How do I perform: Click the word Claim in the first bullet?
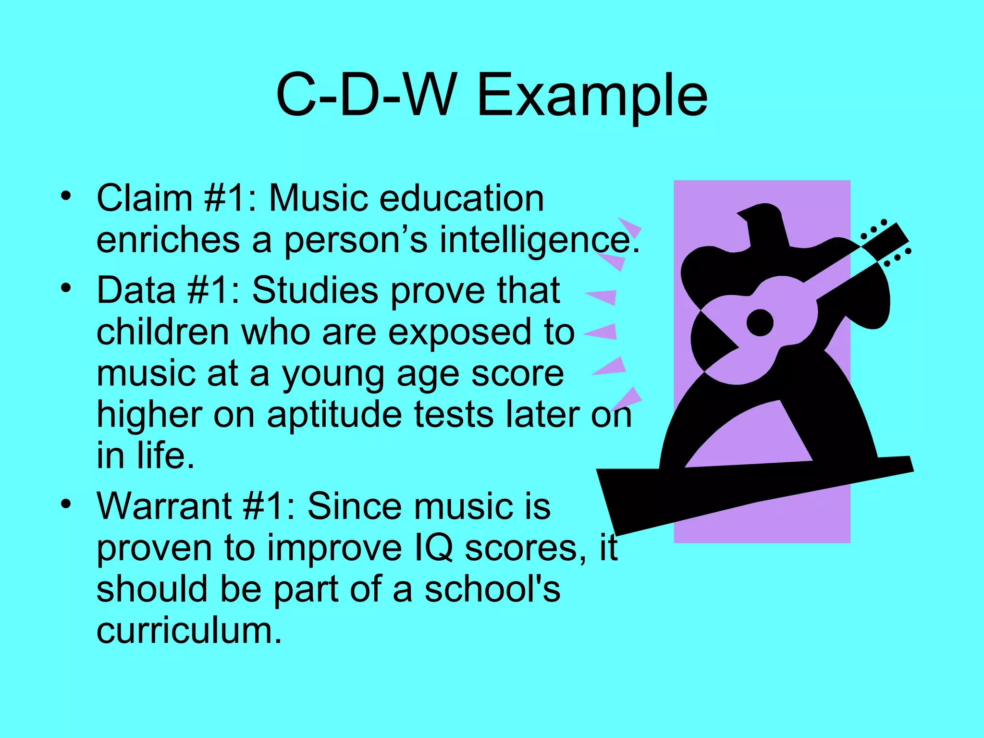pyautogui.click(x=144, y=198)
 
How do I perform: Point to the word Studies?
pyautogui.click(x=315, y=290)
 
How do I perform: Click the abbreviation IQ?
pyautogui.click(x=433, y=548)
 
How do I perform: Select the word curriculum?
pyautogui.click(x=188, y=630)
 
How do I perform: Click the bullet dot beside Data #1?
pyautogui.click(x=66, y=288)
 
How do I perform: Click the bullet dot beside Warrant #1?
pyautogui.click(x=66, y=504)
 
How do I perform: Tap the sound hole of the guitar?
pyautogui.click(x=760, y=323)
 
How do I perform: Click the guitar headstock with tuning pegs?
pyautogui.click(x=886, y=243)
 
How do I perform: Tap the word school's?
pyautogui.click(x=492, y=589)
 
